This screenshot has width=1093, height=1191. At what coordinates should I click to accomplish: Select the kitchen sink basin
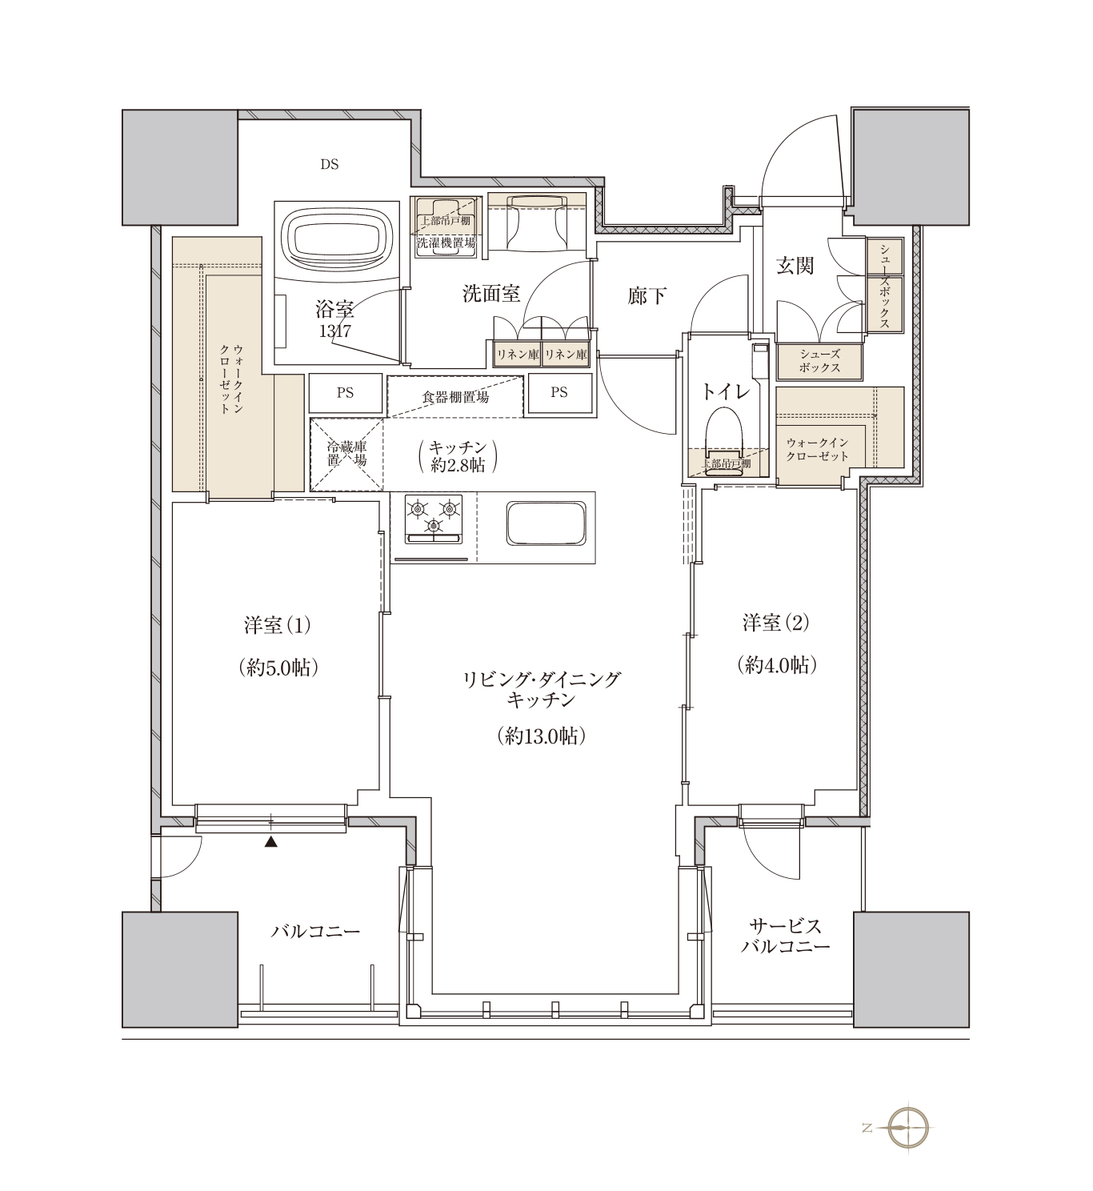pyautogui.click(x=546, y=523)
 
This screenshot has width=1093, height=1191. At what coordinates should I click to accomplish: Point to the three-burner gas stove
pyautogui.click(x=434, y=519)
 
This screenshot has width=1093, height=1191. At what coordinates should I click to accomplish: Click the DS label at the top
pyautogui.click(x=330, y=164)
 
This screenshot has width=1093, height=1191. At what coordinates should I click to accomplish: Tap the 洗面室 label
pyautogui.click(x=491, y=293)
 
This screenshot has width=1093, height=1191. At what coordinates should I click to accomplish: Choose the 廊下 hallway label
pyautogui.click(x=647, y=295)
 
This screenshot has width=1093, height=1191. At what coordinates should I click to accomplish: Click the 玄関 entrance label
pyautogui.click(x=795, y=266)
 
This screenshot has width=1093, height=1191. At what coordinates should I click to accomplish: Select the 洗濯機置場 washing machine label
pyautogui.click(x=446, y=243)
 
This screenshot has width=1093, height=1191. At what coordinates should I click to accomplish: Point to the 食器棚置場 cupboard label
pyautogui.click(x=455, y=397)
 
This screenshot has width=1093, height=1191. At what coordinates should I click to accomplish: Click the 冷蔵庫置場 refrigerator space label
pyautogui.click(x=346, y=453)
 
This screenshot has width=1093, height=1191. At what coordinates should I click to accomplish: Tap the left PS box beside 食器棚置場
pyautogui.click(x=346, y=393)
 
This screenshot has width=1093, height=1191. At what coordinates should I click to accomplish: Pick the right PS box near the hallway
pyautogui.click(x=559, y=393)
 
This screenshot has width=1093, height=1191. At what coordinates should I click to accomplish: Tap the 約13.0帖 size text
pyautogui.click(x=542, y=736)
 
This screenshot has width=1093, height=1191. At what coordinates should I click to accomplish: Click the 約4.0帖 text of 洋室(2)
pyautogui.click(x=777, y=665)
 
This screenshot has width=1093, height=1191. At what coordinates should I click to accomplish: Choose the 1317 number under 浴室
pyautogui.click(x=335, y=331)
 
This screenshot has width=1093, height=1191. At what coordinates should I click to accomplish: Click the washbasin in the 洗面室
pyautogui.click(x=537, y=223)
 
